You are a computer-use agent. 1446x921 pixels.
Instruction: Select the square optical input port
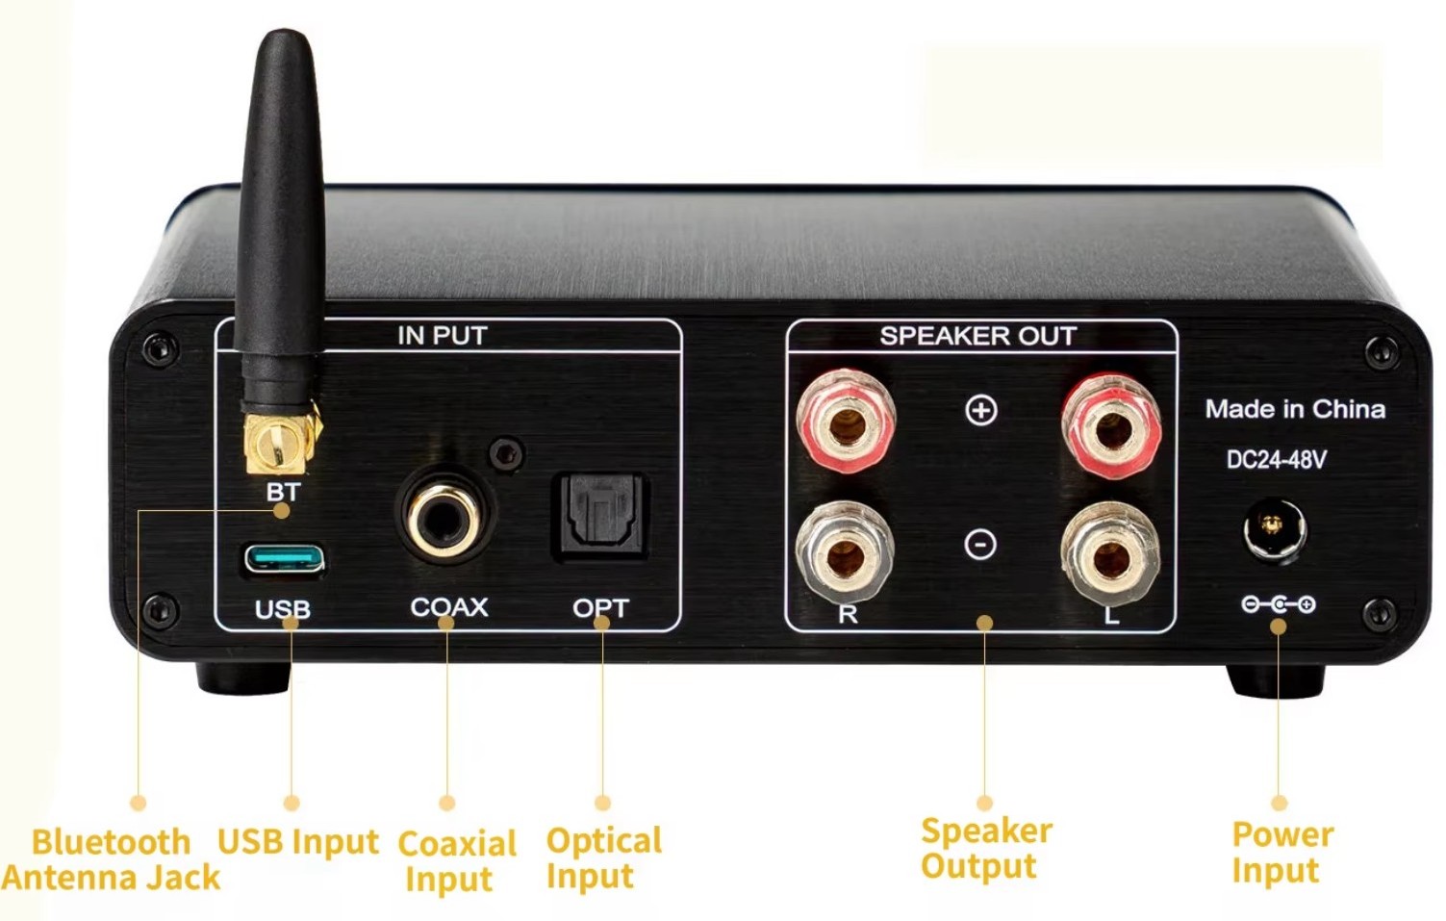(600, 517)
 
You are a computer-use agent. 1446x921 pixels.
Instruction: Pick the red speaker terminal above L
(1111, 426)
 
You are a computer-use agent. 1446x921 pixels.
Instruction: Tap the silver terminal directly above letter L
(1110, 554)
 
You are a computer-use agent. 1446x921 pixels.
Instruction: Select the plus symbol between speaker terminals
(981, 410)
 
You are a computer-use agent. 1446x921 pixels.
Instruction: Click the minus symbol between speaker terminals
(980, 545)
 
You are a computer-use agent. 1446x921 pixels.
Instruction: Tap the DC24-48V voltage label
(1277, 460)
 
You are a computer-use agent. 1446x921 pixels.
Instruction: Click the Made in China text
(1295, 409)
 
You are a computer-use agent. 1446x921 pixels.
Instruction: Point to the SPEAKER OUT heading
(978, 336)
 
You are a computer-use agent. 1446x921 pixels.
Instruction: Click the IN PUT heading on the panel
(443, 336)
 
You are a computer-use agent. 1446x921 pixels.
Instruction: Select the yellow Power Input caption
(1282, 853)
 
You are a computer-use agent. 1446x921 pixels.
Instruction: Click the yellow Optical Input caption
(603, 858)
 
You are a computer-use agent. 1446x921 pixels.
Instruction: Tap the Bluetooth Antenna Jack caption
(111, 859)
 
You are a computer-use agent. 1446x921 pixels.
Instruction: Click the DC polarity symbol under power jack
(1279, 604)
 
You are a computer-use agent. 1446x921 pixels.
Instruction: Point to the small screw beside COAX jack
(507, 454)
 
